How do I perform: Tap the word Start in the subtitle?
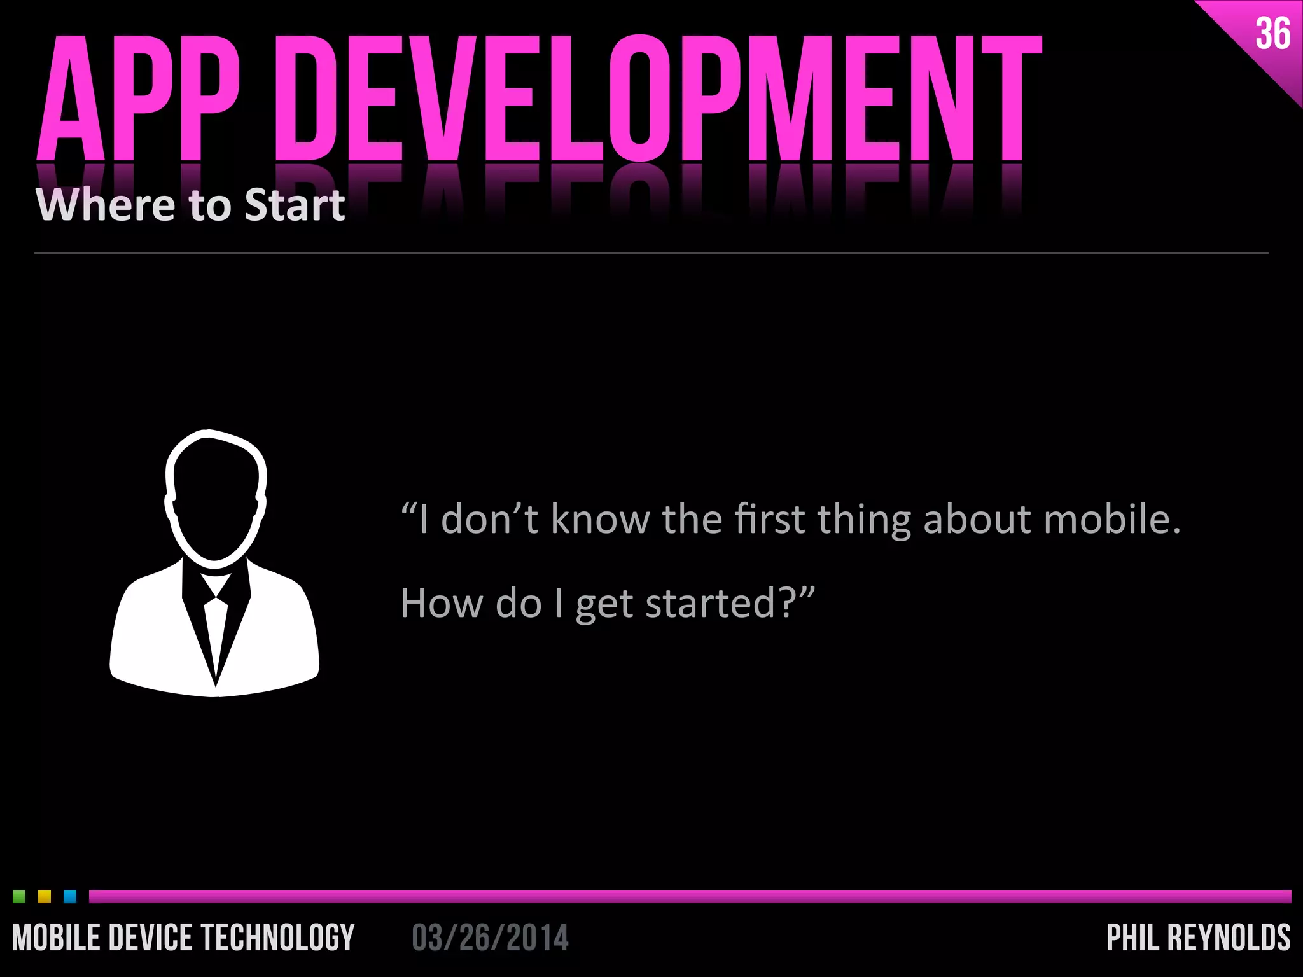pos(295,205)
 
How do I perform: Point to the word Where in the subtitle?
pos(105,205)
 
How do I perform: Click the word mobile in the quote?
pos(1111,519)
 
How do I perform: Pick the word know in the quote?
pos(601,519)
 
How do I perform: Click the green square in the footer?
pos(19,897)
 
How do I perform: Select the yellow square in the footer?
pos(45,897)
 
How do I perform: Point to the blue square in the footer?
pos(70,897)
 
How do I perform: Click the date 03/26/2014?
pos(490,938)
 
